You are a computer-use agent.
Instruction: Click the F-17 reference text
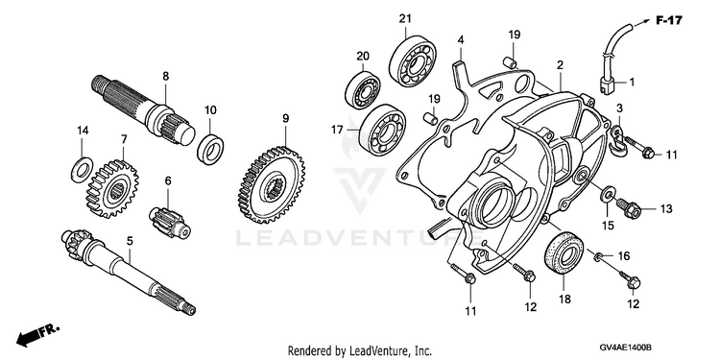tap(668, 20)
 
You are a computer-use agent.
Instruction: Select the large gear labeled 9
tap(272, 184)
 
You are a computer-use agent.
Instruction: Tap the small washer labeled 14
tap(83, 169)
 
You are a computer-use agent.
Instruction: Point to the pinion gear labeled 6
tap(169, 223)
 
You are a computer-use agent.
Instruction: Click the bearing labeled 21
tap(413, 62)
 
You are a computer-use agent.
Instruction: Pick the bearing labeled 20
tap(362, 90)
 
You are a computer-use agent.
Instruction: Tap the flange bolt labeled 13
tap(628, 208)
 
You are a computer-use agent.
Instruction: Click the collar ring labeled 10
tap(211, 148)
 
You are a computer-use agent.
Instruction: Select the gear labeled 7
tap(112, 189)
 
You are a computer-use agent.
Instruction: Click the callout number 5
tap(130, 241)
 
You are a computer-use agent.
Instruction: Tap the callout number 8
tap(166, 77)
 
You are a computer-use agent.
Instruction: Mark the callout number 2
tap(560, 65)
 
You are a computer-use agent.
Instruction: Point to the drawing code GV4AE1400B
tap(626, 348)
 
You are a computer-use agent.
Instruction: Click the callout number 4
tap(461, 40)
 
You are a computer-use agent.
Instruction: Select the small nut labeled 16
tap(599, 256)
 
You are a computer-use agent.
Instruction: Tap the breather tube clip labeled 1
tap(607, 85)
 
